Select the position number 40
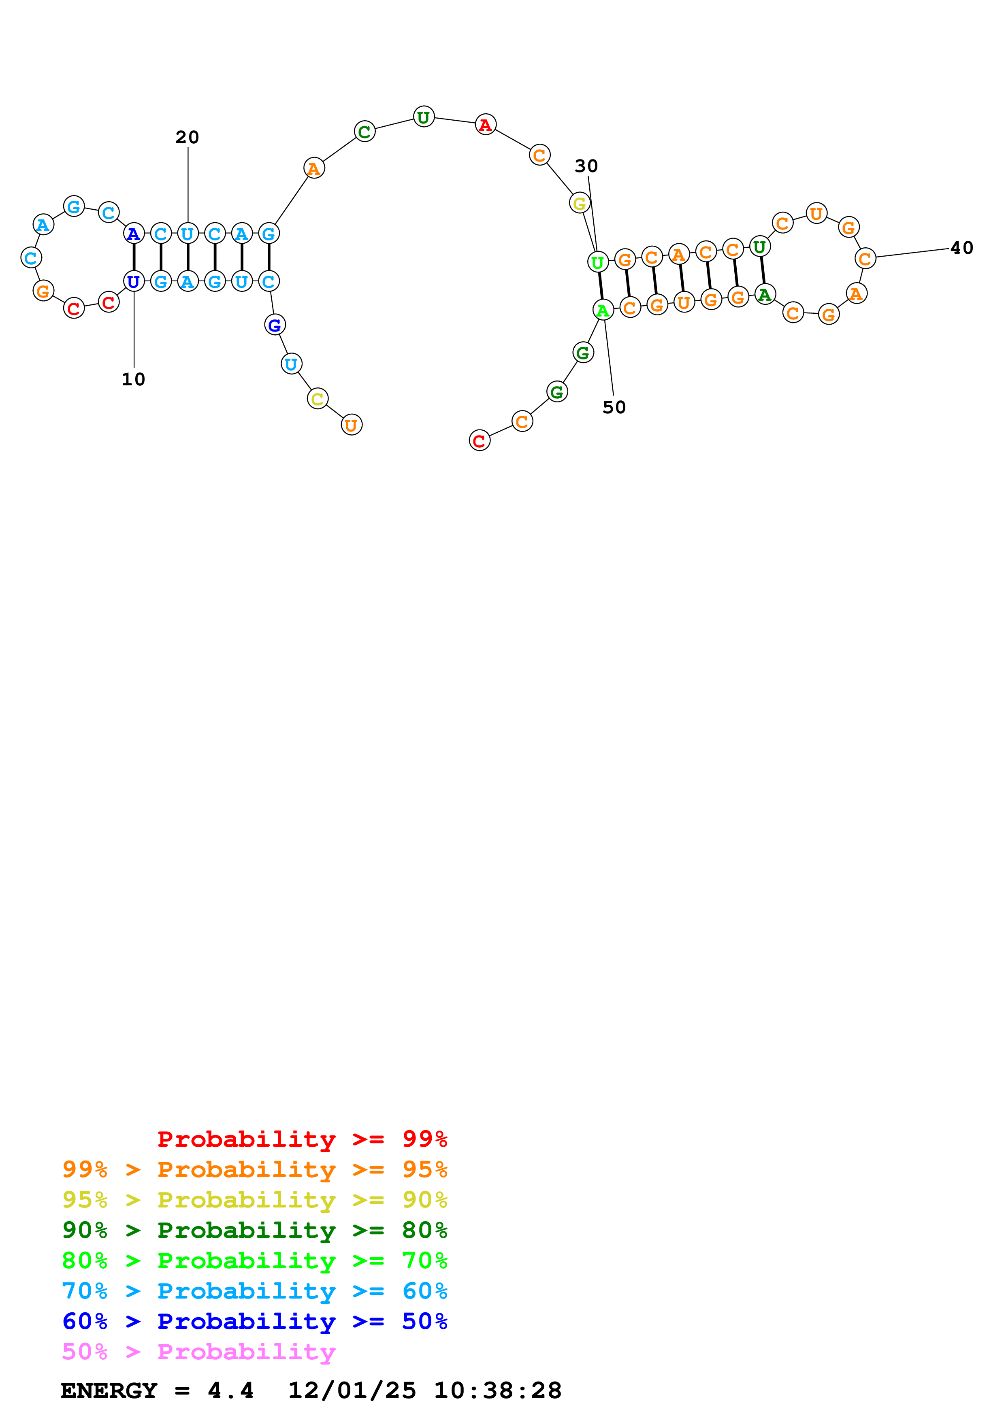[x=961, y=248]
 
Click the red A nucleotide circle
[x=486, y=125]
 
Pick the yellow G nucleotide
[x=580, y=203]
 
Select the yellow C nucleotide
[x=318, y=399]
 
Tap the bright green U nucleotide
[x=597, y=262]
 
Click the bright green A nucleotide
[x=603, y=310]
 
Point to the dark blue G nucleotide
[x=275, y=325]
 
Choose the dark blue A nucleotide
[x=134, y=234]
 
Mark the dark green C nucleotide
[x=365, y=132]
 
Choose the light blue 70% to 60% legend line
[x=254, y=1291]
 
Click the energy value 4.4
[x=230, y=1391]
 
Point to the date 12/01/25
[x=352, y=1391]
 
